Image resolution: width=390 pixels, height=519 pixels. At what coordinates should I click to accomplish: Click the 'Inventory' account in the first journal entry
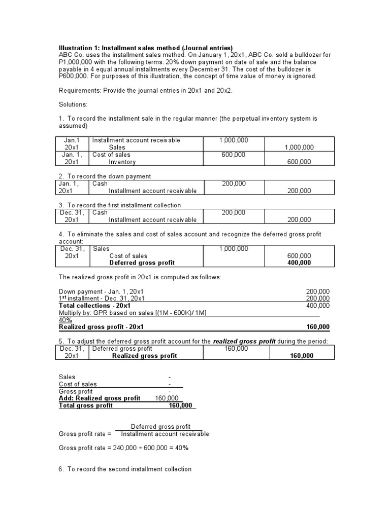pos(122,162)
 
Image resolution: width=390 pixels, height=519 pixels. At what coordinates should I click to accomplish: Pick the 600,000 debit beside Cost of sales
pos(234,155)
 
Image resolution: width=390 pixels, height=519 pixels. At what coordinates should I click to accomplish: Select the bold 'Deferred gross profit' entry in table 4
pos(142,263)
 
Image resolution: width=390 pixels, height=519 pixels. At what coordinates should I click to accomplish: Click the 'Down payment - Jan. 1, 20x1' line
pos(101,291)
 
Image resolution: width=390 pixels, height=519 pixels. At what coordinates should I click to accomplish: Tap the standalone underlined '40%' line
pos(65,320)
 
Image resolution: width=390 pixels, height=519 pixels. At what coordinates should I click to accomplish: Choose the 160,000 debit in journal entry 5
pos(236,349)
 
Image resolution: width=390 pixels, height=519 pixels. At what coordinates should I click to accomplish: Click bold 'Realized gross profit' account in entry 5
pos(144,356)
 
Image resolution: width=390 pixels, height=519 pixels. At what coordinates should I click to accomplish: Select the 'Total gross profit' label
pos(86,405)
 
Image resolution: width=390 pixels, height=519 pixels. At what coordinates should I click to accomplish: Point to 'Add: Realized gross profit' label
pos(100,398)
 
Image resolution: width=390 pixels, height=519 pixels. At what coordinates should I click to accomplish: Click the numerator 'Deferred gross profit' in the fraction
pos(161,427)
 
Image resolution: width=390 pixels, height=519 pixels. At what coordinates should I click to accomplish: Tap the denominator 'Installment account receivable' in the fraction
pos(165,434)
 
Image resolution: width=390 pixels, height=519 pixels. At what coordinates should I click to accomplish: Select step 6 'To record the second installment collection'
pos(125,469)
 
